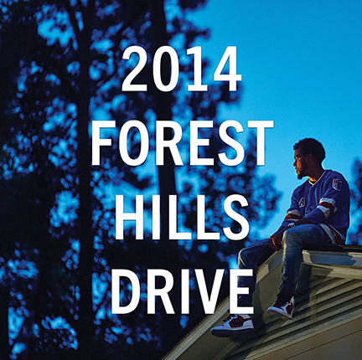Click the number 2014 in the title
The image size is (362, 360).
[182, 69]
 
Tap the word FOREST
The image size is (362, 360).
[183, 143]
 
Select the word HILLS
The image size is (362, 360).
[182, 217]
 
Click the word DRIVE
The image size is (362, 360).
[183, 291]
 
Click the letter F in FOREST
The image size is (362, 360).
[102, 143]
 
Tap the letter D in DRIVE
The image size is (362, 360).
[124, 291]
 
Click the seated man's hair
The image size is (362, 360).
[311, 149]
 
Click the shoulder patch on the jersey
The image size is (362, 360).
[337, 184]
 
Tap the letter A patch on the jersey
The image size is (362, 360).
[302, 203]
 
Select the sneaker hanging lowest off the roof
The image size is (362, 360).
[233, 325]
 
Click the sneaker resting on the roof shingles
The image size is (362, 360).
[282, 307]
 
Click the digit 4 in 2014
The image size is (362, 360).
[227, 69]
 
